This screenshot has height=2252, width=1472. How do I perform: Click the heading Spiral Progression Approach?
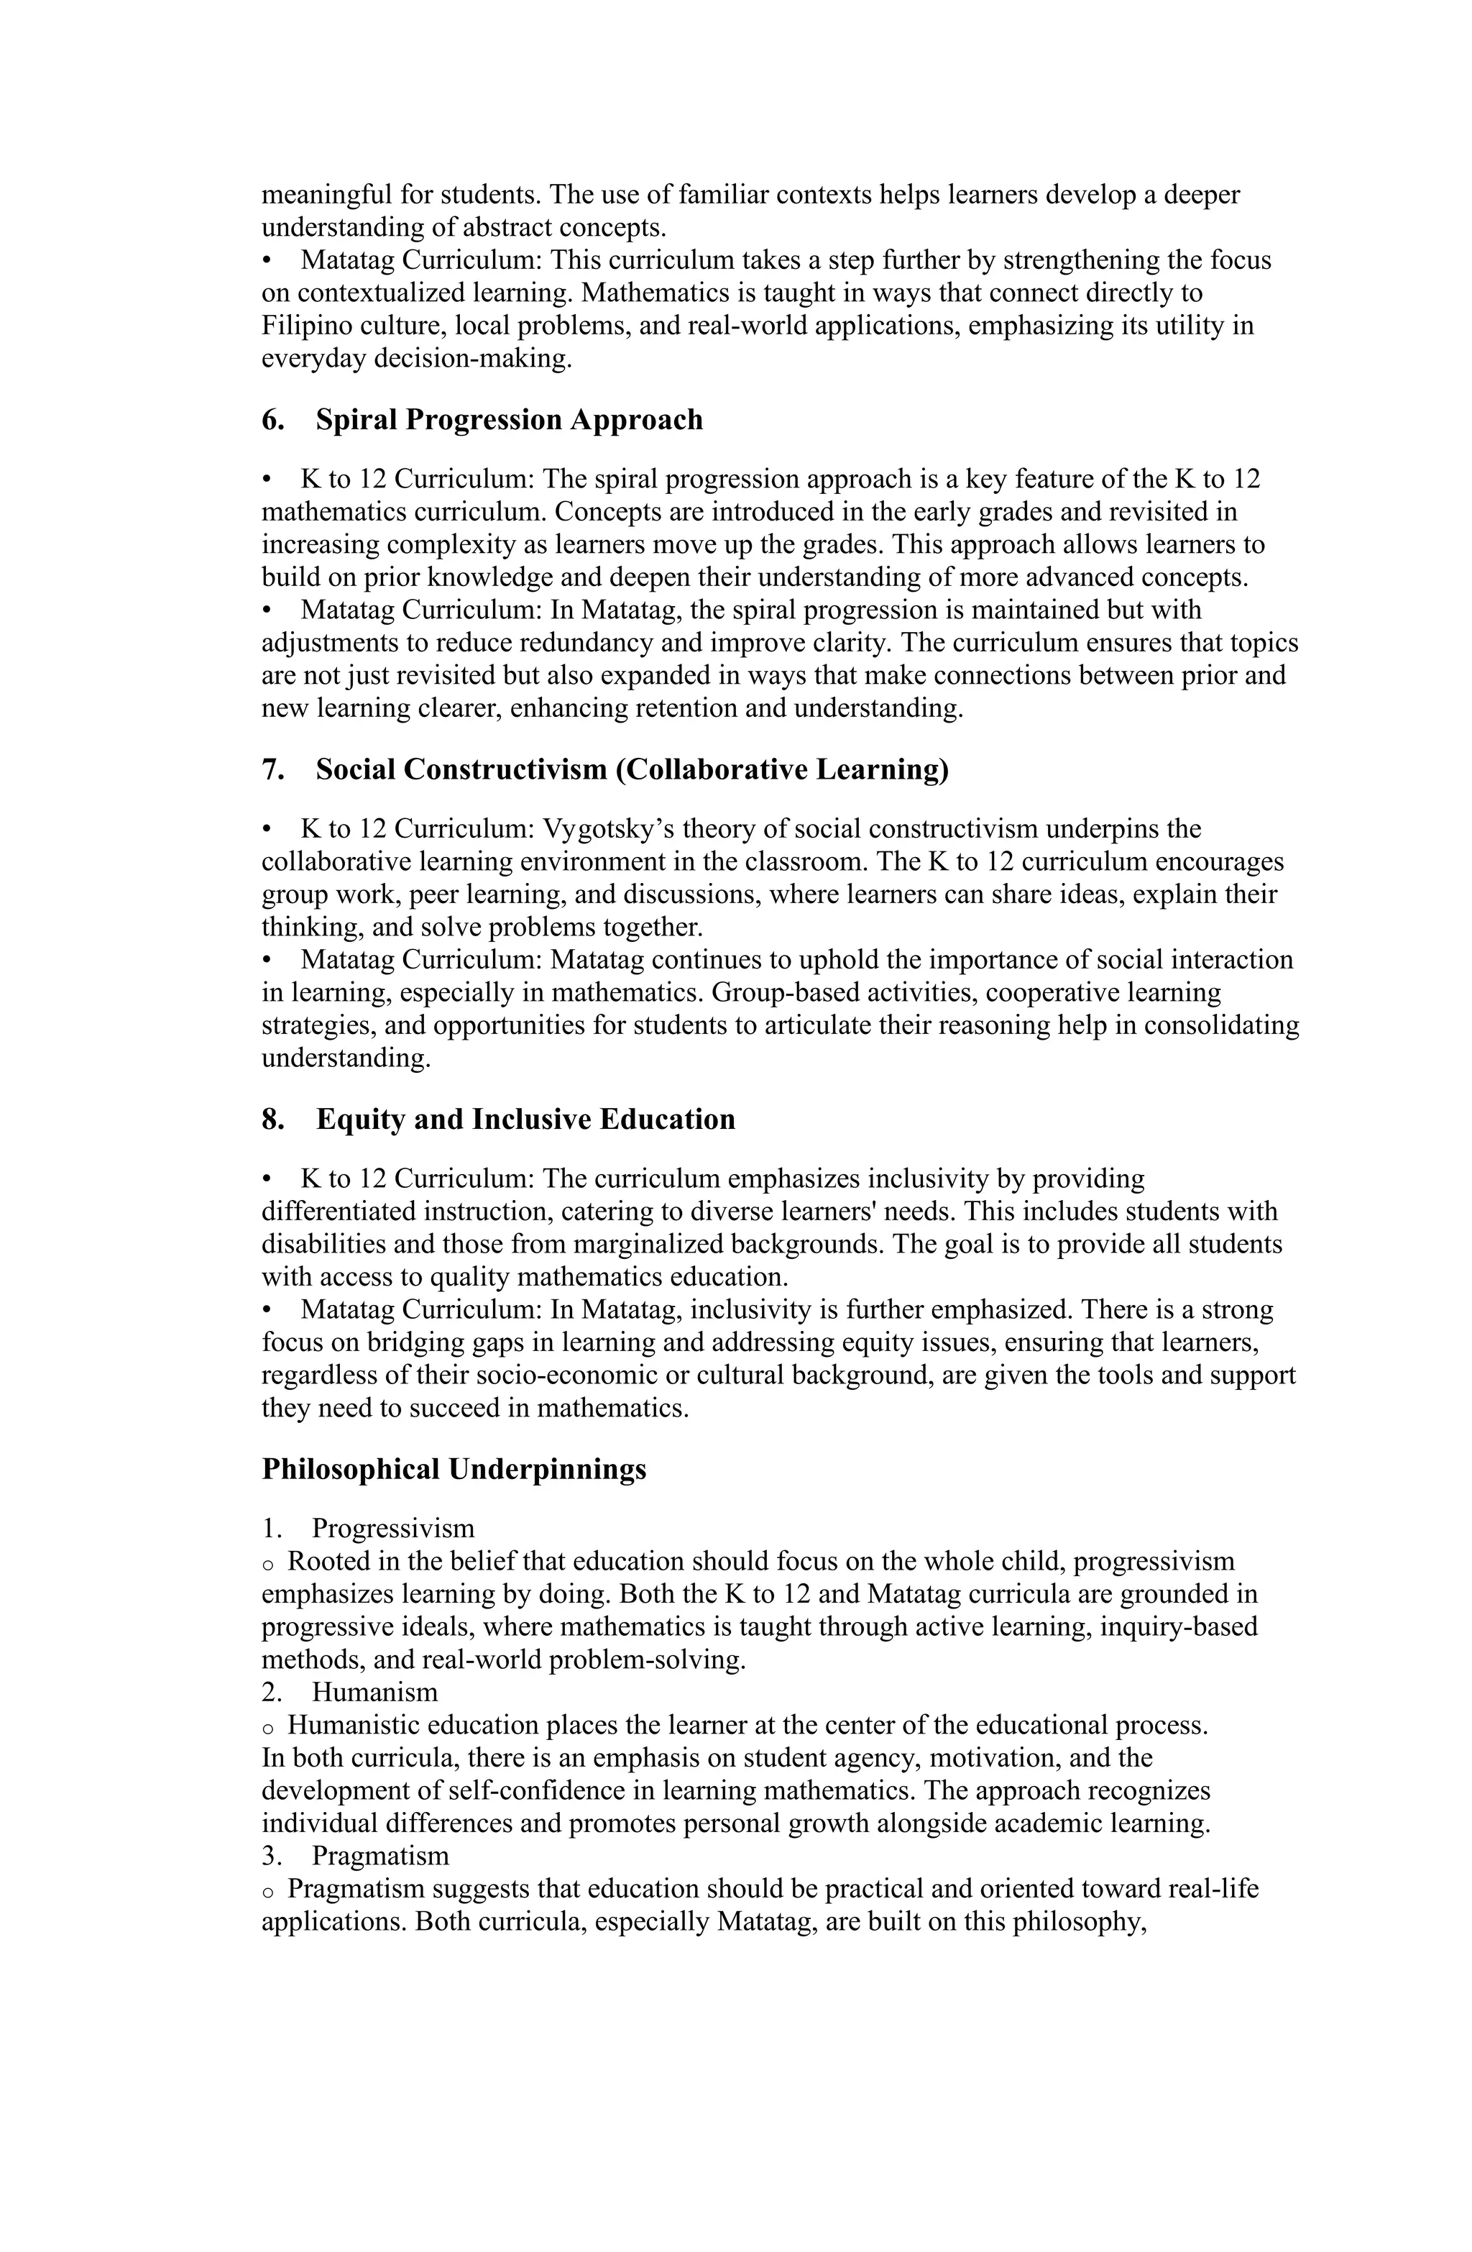click(508, 419)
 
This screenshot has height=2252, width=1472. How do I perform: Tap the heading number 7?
click(272, 769)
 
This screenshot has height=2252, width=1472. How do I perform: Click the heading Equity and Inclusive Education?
click(525, 1120)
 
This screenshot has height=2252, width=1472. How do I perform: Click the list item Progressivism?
click(392, 1528)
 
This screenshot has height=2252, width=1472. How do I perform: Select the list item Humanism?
click(374, 1691)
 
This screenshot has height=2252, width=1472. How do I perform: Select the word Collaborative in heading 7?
click(716, 769)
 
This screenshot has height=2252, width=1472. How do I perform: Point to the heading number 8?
click(272, 1120)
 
